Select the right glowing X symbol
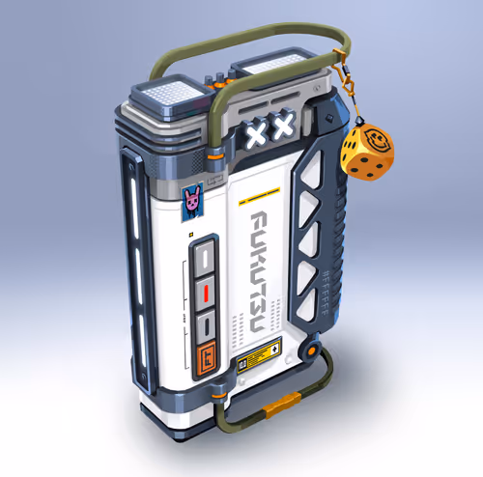pyautogui.click(x=281, y=126)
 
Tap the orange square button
pyautogui.click(x=204, y=360)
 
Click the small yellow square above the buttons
pyautogui.click(x=192, y=235)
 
